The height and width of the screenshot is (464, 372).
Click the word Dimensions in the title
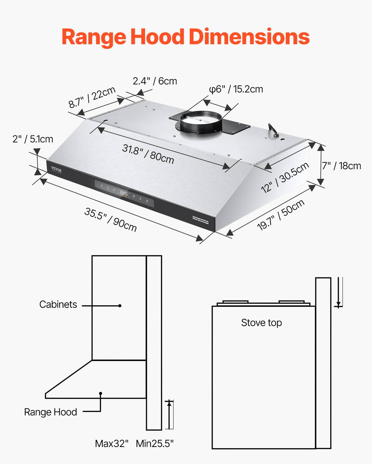coord(249,37)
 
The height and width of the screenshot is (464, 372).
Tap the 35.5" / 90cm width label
coord(110,220)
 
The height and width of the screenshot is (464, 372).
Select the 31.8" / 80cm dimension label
coord(148,154)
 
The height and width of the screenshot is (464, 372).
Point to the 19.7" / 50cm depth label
coord(281,215)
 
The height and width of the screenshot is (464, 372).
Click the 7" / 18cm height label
coord(341,166)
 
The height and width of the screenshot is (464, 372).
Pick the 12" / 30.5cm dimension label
coord(285,177)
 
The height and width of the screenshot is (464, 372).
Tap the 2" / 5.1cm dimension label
coord(33,139)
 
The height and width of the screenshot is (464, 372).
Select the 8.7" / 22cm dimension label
coord(92,97)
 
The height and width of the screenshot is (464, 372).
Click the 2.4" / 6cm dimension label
coord(155,81)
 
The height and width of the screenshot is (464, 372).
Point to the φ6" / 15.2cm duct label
coord(236,89)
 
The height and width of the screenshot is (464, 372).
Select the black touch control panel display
coord(124,194)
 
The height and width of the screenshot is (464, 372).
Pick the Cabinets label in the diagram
coord(58,304)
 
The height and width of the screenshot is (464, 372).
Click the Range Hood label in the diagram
coord(51,412)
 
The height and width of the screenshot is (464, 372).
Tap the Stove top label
coord(261,323)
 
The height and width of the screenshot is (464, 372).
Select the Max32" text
coord(112,444)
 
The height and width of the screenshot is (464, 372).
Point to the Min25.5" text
coord(155,444)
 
